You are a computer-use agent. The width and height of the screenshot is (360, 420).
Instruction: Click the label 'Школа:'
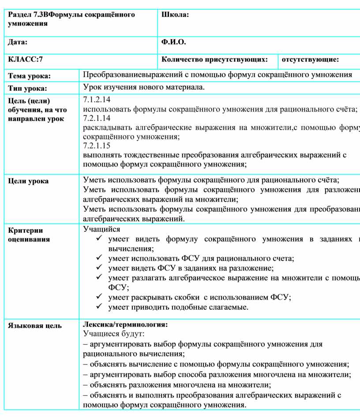click(175, 15)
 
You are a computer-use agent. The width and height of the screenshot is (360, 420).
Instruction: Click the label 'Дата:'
click(18, 42)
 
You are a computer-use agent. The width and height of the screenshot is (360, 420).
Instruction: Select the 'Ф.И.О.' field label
click(174, 42)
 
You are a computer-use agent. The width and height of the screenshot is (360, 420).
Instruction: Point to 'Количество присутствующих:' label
click(215, 59)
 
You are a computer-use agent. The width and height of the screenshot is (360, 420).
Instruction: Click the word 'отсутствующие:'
click(310, 59)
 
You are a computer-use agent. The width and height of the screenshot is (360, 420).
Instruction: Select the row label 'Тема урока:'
click(29, 76)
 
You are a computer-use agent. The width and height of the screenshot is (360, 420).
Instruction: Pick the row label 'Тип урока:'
click(27, 89)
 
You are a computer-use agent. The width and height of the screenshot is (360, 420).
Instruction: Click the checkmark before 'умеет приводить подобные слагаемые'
click(99, 307)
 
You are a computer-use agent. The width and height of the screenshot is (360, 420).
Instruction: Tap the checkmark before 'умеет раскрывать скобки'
click(99, 297)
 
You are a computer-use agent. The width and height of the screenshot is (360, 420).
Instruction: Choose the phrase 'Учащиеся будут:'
click(111, 334)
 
